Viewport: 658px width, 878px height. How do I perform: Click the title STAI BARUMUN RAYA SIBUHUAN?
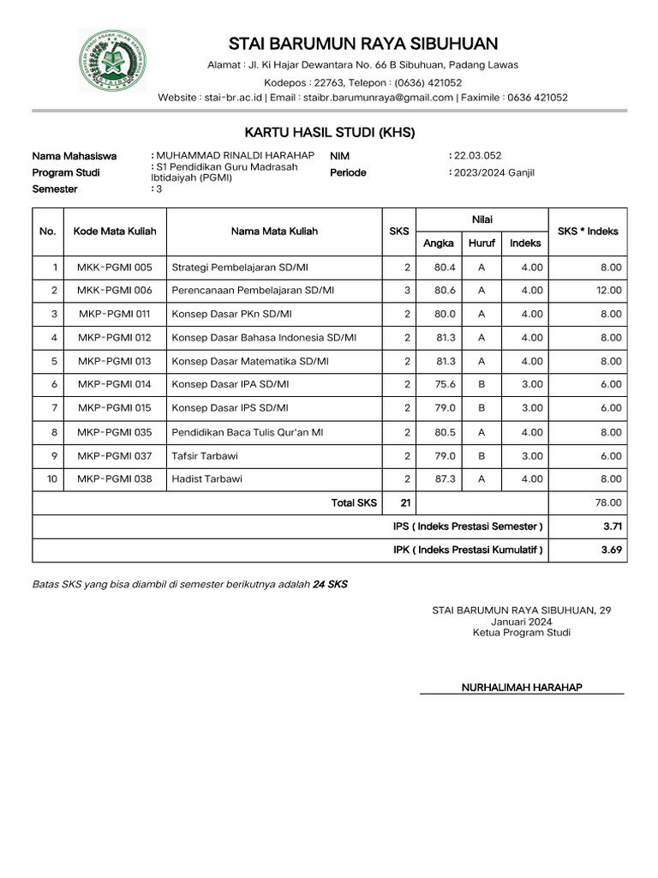363,44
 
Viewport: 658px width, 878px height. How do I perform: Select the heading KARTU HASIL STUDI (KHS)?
330,132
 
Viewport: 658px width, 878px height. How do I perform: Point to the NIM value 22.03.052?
477,155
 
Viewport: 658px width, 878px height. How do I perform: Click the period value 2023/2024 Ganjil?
494,172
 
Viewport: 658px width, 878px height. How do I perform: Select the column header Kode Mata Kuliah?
115,232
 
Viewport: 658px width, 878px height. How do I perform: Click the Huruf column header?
482,244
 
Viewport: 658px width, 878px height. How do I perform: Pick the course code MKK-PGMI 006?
115,291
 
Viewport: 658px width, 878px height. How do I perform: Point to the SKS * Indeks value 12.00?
608,291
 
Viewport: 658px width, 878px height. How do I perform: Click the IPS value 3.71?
611,526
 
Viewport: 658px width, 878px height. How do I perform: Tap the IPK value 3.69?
611,550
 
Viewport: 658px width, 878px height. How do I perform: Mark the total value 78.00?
608,502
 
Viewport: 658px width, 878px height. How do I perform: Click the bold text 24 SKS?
330,584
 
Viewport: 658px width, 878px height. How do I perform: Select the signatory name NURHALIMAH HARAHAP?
522,688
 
